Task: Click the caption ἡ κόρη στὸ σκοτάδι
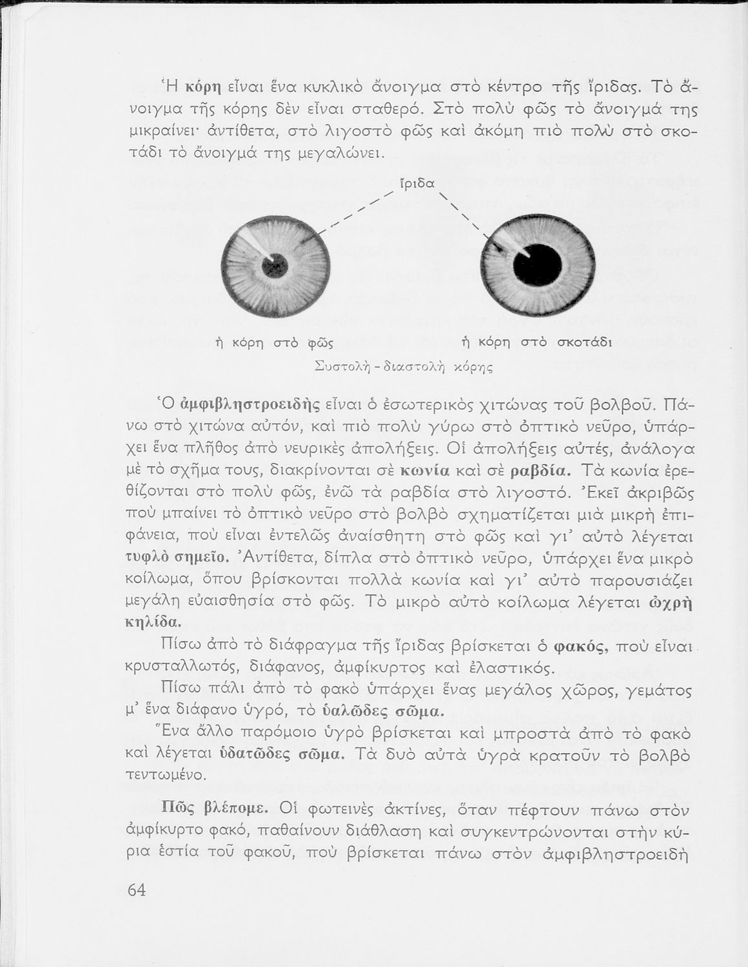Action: click(536, 342)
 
